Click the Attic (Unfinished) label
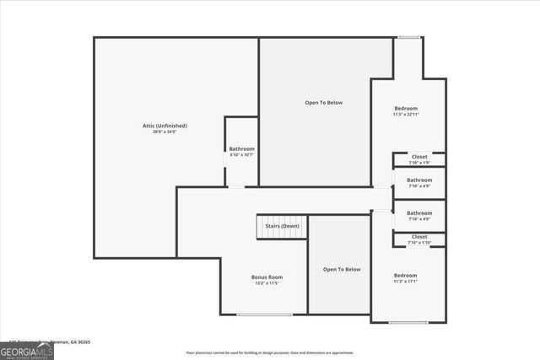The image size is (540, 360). pos(165,126)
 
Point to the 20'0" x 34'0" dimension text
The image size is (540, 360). pos(165,132)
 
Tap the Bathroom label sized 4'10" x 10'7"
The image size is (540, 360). pos(241,149)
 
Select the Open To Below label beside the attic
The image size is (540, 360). pos(324,103)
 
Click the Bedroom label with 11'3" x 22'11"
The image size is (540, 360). pos(407,109)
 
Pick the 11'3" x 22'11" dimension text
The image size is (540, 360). pos(407,115)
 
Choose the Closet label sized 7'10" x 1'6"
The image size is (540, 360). pos(419,156)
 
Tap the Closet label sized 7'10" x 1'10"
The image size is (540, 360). pos(419,237)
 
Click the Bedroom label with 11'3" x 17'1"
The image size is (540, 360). pos(406,276)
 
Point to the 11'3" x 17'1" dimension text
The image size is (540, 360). pos(406,282)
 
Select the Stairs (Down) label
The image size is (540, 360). pos(282,226)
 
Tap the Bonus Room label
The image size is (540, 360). pos(267,277)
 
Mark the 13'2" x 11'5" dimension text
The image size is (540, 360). pos(267,283)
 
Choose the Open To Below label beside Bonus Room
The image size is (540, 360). pos(342,269)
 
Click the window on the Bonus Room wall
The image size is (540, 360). pos(264,314)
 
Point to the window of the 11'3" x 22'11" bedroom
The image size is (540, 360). pos(410,36)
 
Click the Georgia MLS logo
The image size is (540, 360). pos(27,350)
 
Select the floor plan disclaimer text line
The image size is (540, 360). pos(270,352)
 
